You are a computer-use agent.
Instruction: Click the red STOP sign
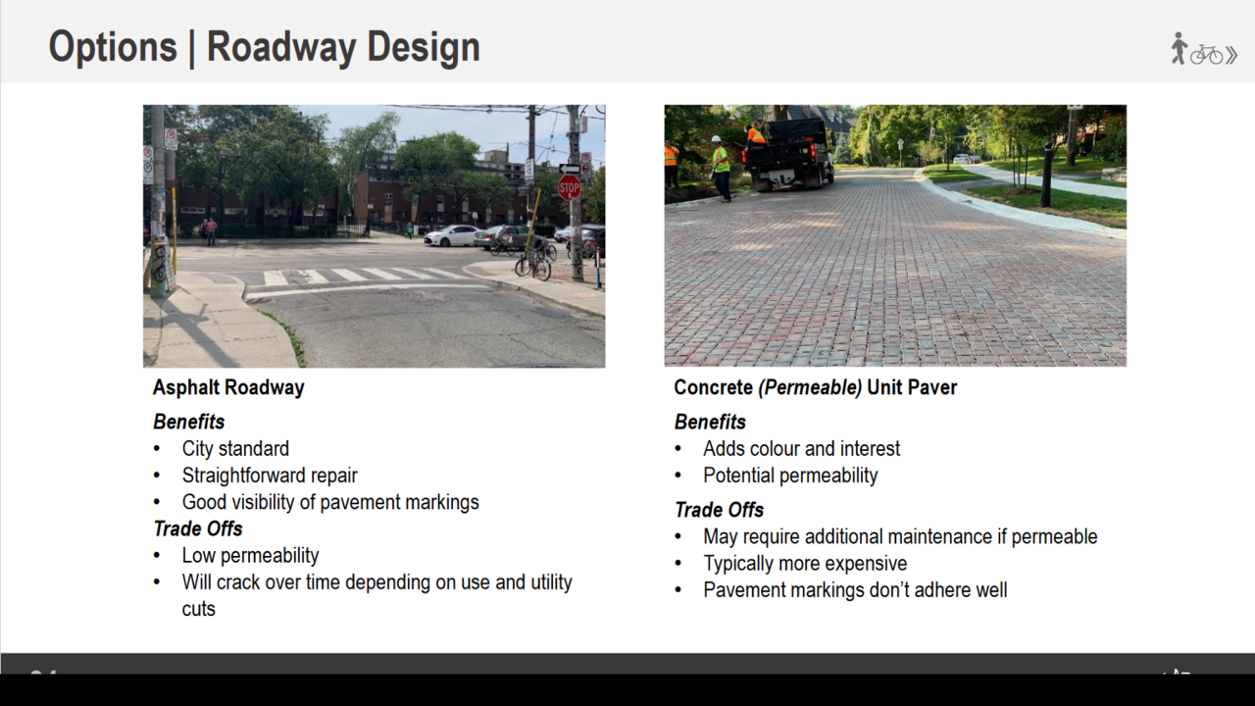[570, 187]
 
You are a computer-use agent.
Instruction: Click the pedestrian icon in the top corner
[1179, 48]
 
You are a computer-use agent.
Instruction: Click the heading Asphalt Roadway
[228, 387]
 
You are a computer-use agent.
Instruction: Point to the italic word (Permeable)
[810, 387]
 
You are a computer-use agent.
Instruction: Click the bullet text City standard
[235, 448]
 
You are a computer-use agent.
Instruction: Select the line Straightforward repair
[270, 476]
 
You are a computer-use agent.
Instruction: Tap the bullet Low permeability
[250, 555]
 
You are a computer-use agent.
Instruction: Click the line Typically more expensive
[805, 563]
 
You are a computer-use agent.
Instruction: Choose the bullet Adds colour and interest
[801, 448]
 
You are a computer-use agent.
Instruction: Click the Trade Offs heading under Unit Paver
[719, 510]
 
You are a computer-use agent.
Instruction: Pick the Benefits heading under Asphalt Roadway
[189, 422]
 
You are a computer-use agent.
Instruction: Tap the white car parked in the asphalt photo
[452, 235]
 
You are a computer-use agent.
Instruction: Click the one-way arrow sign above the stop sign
[570, 168]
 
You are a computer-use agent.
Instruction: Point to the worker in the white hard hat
[721, 168]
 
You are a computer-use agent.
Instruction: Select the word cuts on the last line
[198, 609]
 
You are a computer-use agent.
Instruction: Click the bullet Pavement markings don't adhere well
[855, 590]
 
